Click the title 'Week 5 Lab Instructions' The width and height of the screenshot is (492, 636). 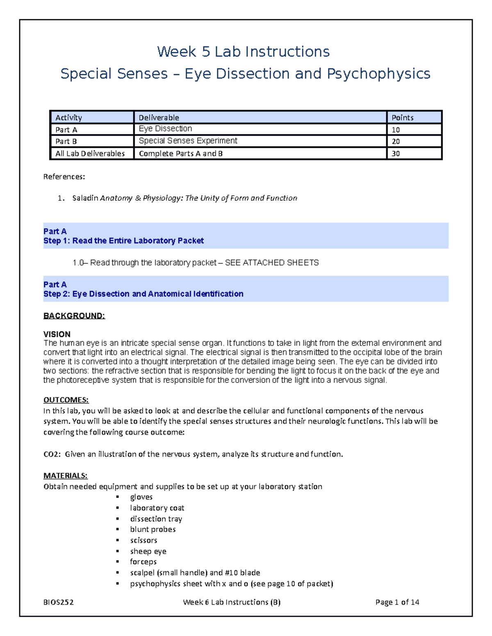click(x=243, y=52)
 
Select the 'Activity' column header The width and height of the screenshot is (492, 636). click(x=68, y=118)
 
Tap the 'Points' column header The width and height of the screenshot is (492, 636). click(x=402, y=118)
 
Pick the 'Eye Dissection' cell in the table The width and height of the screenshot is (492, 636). click(x=165, y=129)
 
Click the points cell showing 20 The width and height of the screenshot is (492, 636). click(x=396, y=141)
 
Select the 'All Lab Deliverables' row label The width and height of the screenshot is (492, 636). click(x=90, y=154)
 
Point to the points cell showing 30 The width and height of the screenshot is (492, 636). click(x=396, y=154)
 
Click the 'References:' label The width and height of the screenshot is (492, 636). click(x=64, y=177)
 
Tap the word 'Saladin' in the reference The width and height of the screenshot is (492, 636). click(x=85, y=198)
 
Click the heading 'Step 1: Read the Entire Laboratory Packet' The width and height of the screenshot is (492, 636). click(x=123, y=241)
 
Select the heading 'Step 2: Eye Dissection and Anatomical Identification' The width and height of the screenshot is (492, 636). click(x=143, y=294)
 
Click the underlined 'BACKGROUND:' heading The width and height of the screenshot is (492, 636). click(x=74, y=316)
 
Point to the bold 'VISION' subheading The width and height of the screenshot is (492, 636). click(x=57, y=334)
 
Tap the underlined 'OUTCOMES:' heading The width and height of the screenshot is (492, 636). click(x=66, y=400)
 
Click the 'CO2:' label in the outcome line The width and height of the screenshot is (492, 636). click(x=52, y=454)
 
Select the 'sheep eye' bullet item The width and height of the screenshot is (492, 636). click(x=148, y=551)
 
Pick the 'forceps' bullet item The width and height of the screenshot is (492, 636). click(x=143, y=562)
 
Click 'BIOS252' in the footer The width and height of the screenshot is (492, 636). click(x=59, y=602)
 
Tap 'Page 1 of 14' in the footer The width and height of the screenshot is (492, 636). click(x=397, y=602)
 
